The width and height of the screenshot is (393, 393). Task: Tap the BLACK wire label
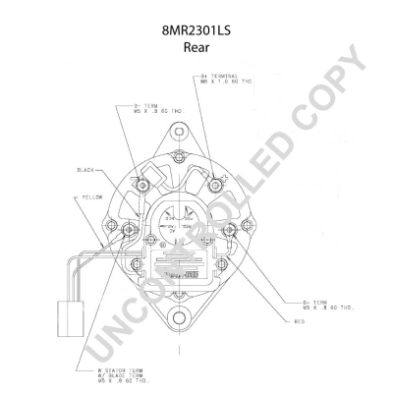tap(85, 170)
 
